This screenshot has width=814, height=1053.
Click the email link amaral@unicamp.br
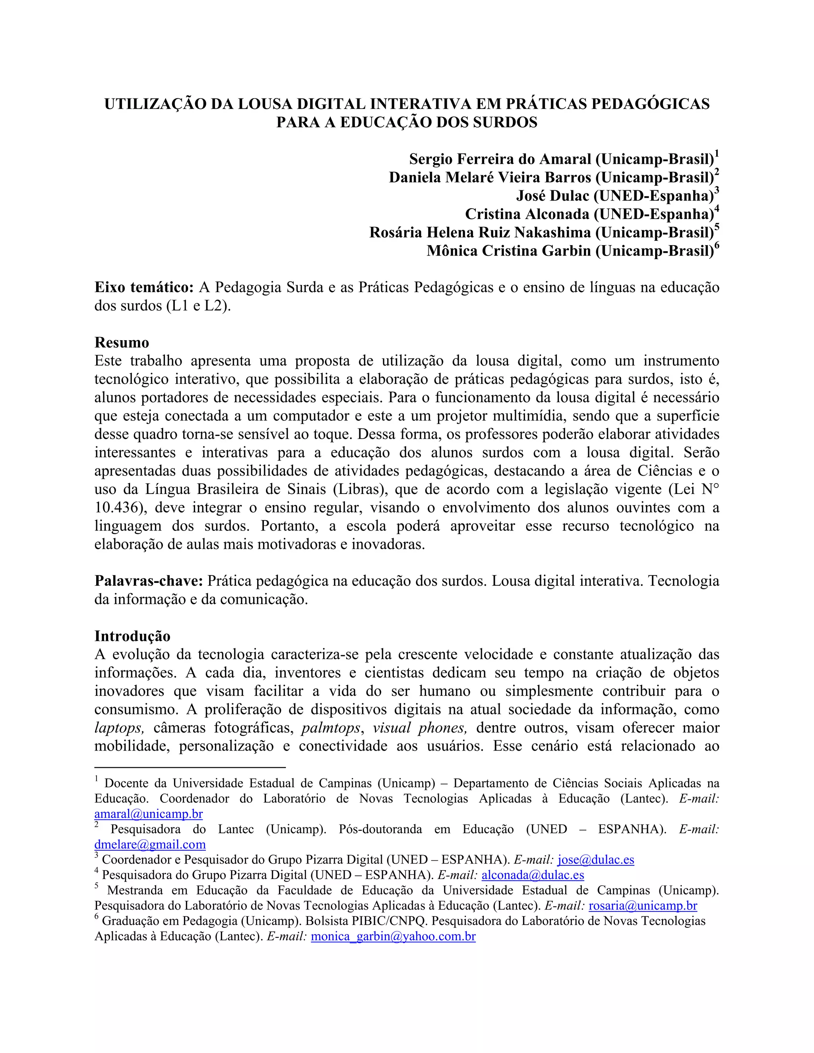pos(149,814)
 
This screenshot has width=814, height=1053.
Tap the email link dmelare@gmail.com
pos(150,844)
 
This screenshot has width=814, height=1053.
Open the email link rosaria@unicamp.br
pos(642,906)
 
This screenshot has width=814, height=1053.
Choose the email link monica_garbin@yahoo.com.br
pos(393,936)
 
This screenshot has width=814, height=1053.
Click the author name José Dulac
pos(552,196)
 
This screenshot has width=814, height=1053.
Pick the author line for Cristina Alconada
pos(588,214)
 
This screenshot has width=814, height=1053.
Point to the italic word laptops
pos(118,728)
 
